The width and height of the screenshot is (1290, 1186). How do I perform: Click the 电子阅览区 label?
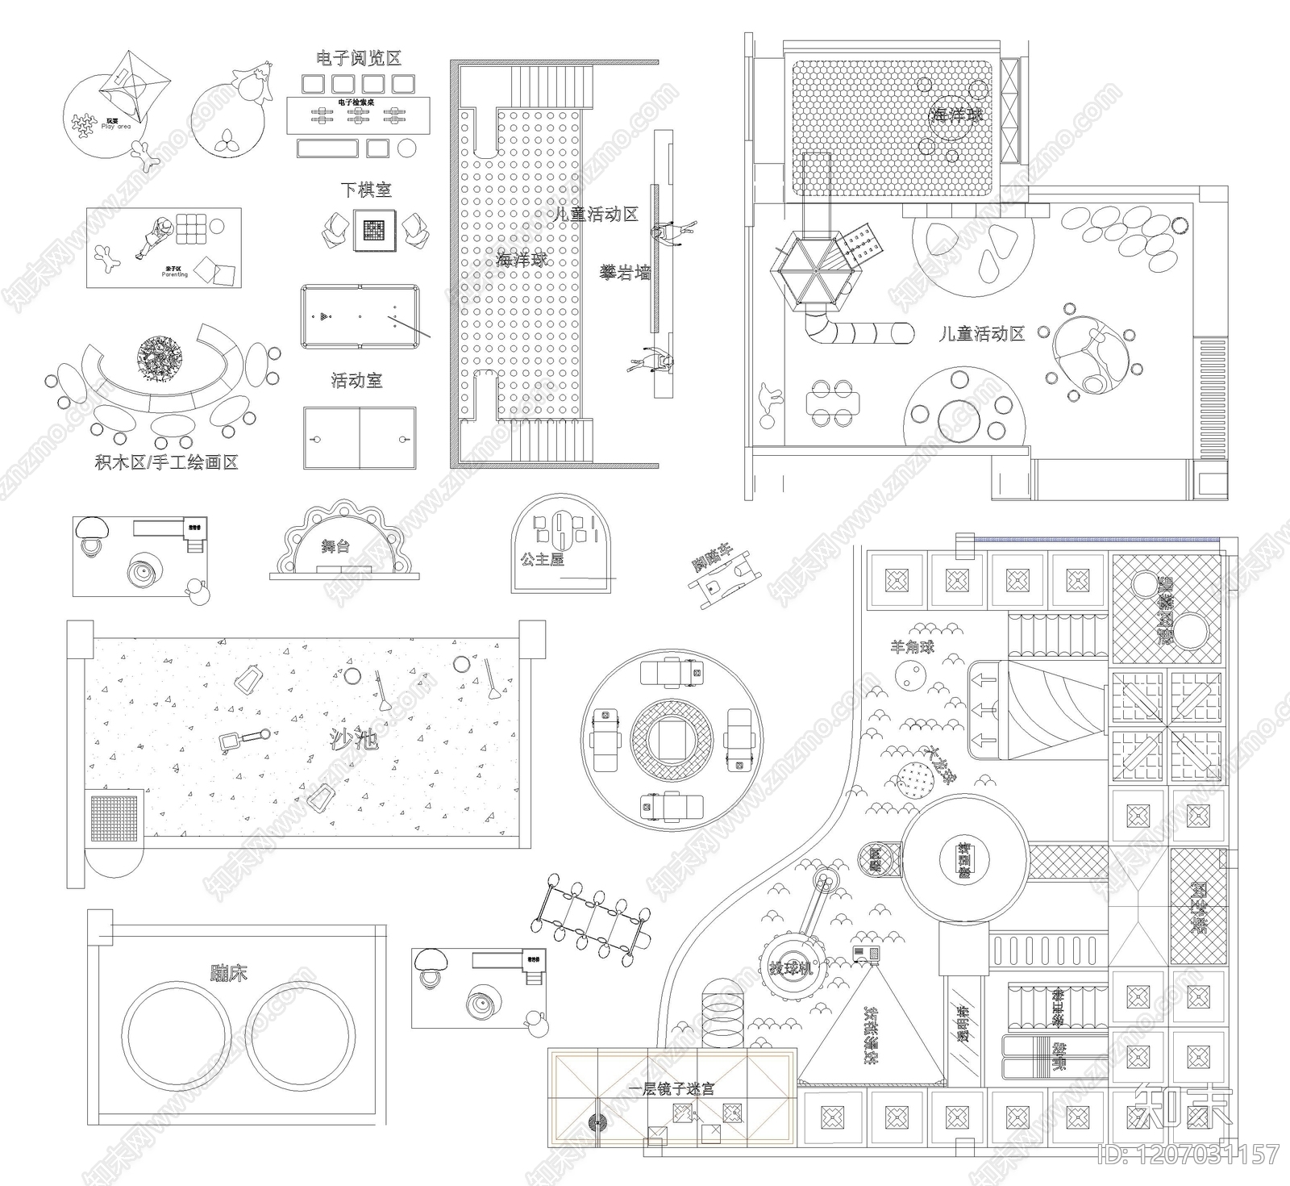[359, 58]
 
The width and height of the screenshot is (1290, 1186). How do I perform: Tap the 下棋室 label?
[365, 190]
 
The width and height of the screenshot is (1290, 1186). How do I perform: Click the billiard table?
[360, 316]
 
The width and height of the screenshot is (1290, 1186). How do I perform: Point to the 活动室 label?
[356, 380]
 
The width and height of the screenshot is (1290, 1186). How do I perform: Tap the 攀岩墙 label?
[625, 273]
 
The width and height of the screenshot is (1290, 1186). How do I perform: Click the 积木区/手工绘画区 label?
[166, 463]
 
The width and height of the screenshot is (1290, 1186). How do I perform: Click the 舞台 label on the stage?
[335, 546]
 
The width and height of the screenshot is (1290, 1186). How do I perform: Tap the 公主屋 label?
[542, 558]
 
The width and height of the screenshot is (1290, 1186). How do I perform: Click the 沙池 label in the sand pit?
[354, 739]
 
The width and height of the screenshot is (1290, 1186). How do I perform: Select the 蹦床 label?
[229, 972]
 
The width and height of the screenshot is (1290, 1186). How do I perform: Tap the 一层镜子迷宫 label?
[672, 1088]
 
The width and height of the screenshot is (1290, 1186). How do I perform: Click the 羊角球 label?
[912, 646]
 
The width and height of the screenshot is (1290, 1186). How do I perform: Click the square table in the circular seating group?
[672, 739]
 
